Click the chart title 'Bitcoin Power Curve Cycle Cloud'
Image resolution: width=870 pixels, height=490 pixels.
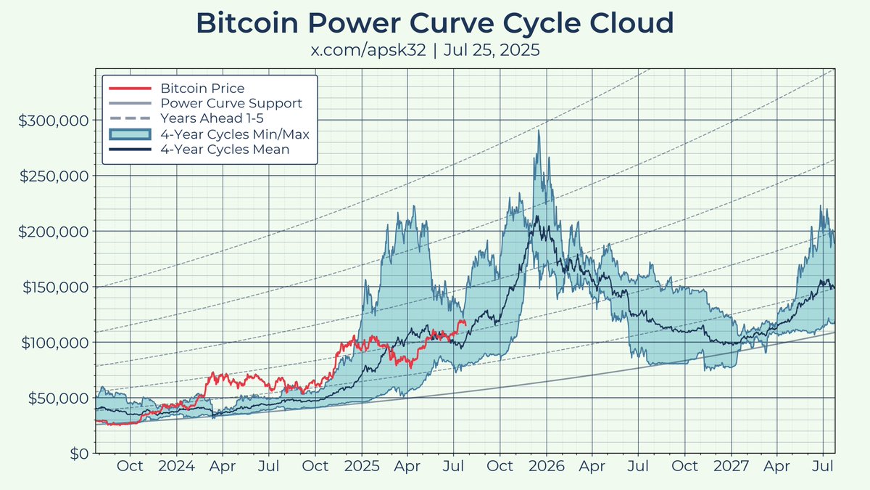tap(435, 23)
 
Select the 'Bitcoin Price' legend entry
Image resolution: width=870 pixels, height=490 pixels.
tap(202, 89)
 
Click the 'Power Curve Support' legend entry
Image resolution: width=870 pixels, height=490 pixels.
tap(231, 104)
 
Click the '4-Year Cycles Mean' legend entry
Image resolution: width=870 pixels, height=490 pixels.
tap(225, 150)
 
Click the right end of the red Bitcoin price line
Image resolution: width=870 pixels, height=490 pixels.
tap(465, 322)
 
